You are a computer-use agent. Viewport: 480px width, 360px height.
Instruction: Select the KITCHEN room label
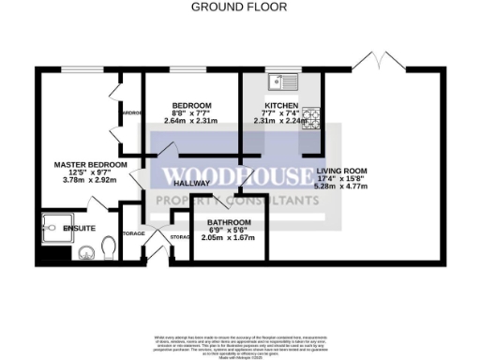point(280,104)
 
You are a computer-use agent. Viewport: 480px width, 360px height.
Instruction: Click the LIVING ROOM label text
point(341,172)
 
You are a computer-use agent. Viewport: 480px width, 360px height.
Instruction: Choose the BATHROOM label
point(230,222)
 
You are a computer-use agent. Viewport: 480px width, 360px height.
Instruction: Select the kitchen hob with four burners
point(310,118)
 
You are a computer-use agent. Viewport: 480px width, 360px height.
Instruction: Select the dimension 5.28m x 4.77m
point(341,187)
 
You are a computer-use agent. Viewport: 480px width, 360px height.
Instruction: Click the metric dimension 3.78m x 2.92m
point(89,182)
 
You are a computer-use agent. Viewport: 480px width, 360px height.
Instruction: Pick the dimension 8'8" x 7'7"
point(191,112)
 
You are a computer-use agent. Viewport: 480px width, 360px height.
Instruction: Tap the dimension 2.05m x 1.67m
point(230,238)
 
